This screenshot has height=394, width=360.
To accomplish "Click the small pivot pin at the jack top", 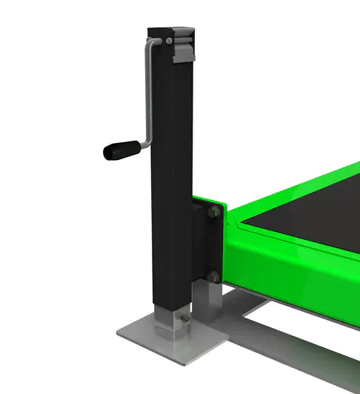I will [x=170, y=39].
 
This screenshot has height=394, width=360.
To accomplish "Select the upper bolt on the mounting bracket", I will [x=212, y=213].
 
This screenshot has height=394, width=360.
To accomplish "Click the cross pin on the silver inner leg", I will [x=180, y=320].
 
